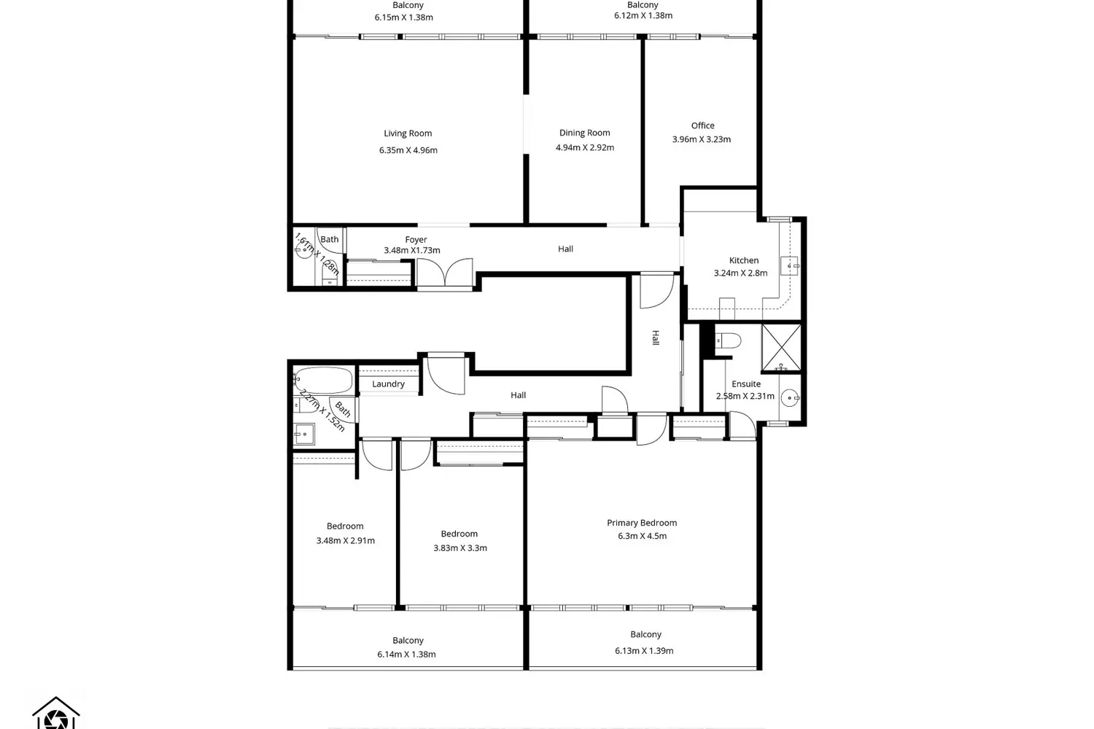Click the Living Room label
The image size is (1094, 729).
click(408, 133)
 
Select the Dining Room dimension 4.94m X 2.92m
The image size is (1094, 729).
click(584, 147)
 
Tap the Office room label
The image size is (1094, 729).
click(702, 125)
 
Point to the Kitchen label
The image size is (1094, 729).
click(743, 260)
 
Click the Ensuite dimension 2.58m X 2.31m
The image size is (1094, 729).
click(745, 397)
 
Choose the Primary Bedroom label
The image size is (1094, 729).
click(641, 523)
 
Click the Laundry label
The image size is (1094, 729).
click(388, 384)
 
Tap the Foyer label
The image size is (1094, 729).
click(416, 240)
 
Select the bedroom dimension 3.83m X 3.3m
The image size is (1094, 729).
click(459, 548)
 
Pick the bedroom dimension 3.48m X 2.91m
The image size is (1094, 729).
click(345, 541)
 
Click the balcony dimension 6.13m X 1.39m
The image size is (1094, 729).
click(643, 651)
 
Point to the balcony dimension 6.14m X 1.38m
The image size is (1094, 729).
click(406, 655)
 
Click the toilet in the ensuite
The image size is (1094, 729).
click(727, 340)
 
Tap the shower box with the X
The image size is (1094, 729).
click(780, 348)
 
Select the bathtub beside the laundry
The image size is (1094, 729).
click(324, 380)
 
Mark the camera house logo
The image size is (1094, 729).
click(56, 713)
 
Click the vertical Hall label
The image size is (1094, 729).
click(656, 338)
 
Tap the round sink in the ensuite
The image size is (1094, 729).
click(789, 398)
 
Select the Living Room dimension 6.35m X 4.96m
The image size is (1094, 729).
click(408, 150)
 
